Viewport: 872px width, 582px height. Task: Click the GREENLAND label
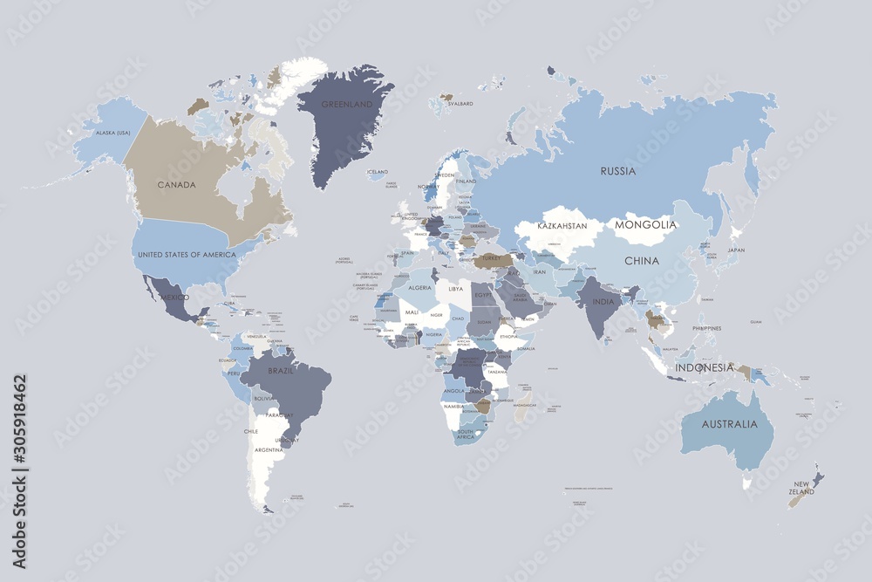(x=347, y=104)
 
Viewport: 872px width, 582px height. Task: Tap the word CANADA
(x=176, y=185)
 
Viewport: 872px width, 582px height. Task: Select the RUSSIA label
(x=617, y=171)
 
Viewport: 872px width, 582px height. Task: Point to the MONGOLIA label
(x=645, y=225)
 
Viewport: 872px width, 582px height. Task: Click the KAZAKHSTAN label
(x=568, y=226)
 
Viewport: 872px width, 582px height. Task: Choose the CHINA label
(x=641, y=260)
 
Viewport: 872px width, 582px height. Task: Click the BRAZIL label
(x=281, y=372)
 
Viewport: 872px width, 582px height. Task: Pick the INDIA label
(x=603, y=302)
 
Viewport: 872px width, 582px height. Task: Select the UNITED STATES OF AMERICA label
(x=187, y=254)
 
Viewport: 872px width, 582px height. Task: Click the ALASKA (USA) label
(x=112, y=133)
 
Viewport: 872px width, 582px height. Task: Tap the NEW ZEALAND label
(x=802, y=488)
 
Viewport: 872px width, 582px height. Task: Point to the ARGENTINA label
(x=268, y=449)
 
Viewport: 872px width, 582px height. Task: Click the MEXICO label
(x=174, y=298)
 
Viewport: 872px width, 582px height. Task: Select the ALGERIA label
(x=421, y=287)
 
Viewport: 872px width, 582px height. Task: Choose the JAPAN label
(x=736, y=250)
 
